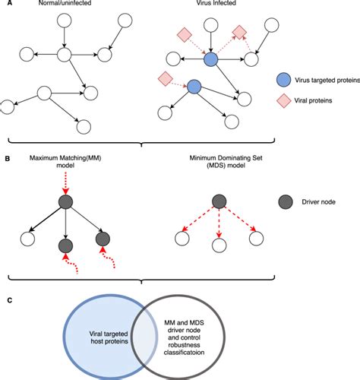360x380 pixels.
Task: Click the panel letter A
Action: click(5, 6)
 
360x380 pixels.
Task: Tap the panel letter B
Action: click(5, 157)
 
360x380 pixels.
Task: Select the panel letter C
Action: click(5, 302)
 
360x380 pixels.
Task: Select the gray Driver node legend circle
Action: click(283, 202)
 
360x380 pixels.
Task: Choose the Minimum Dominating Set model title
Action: click(218, 164)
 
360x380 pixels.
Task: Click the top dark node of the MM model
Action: click(65, 201)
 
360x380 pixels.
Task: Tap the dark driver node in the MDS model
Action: click(219, 201)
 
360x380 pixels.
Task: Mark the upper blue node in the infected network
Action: click(211, 59)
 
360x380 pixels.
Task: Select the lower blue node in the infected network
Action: click(194, 88)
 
